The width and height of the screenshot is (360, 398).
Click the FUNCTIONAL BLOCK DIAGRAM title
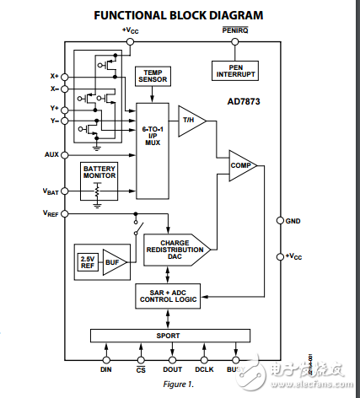point(178,15)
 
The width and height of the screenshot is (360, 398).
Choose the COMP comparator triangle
point(241,166)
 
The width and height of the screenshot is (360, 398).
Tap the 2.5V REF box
point(87,261)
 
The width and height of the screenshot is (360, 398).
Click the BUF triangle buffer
point(112,261)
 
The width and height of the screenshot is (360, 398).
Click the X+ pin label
point(55,76)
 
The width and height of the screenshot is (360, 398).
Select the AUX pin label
point(51,155)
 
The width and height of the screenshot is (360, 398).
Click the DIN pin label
point(106,368)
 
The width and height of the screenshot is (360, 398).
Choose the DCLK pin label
point(202,368)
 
